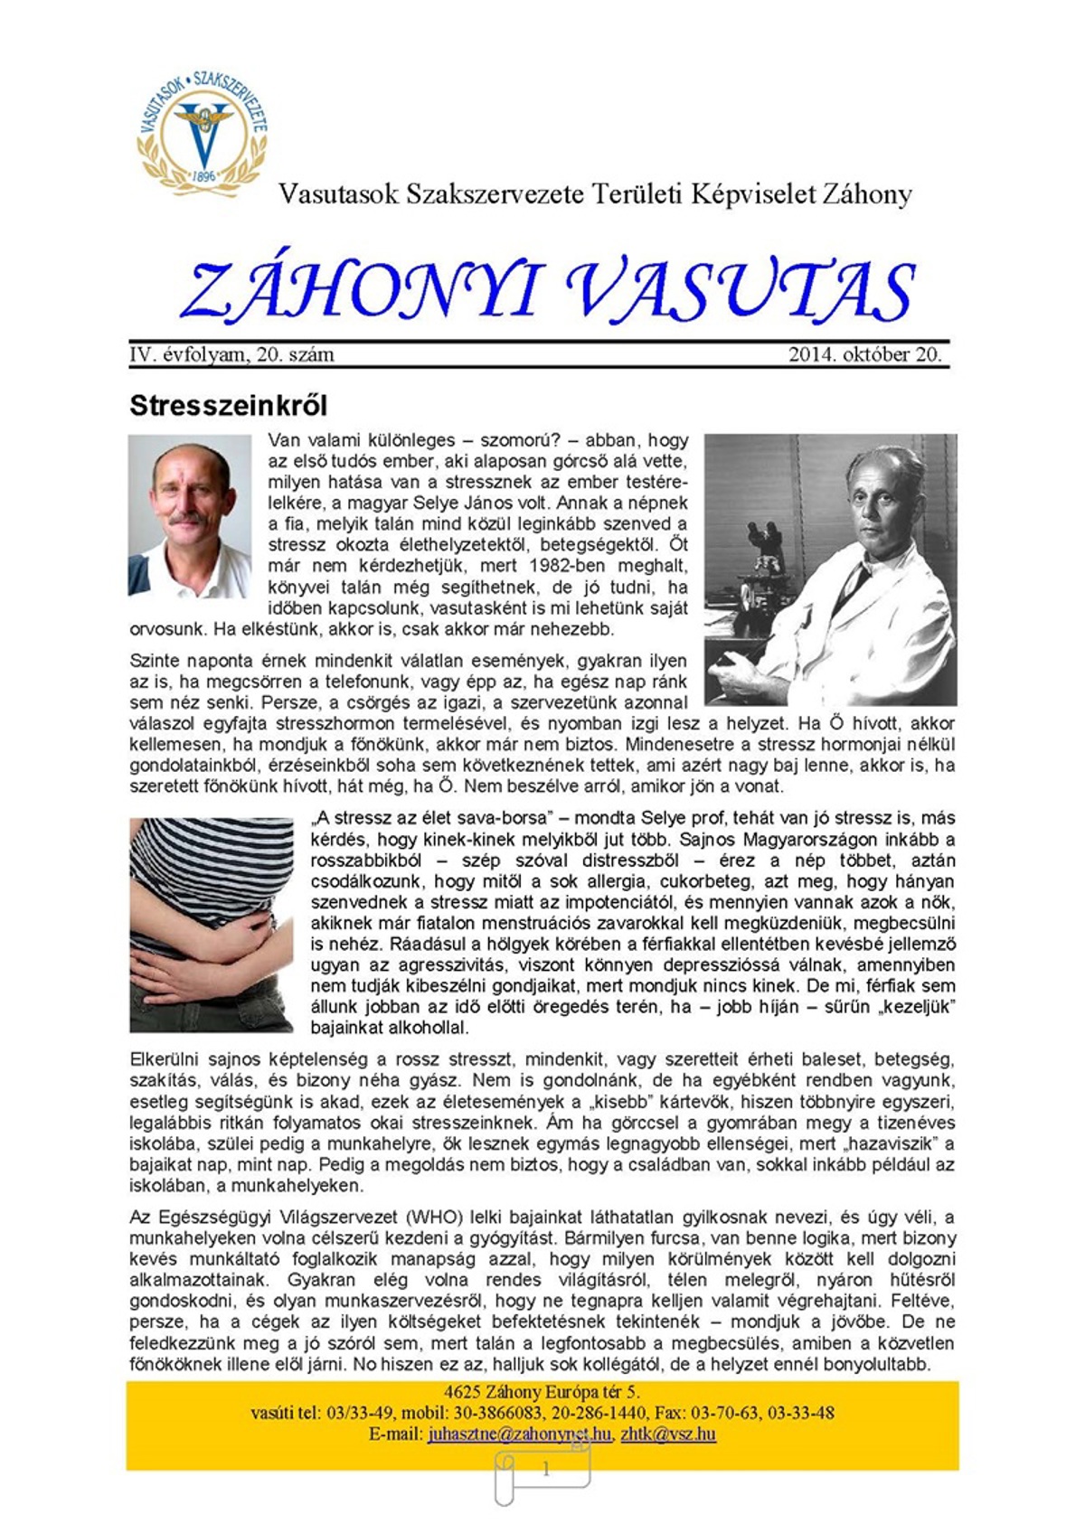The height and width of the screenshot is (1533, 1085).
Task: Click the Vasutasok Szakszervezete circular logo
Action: tap(203, 132)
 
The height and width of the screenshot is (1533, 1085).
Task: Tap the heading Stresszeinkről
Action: tap(228, 405)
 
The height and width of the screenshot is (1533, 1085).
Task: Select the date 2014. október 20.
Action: tap(864, 355)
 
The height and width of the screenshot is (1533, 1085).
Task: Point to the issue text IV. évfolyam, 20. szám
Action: tap(231, 355)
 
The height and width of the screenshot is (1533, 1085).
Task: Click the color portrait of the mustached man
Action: tap(190, 516)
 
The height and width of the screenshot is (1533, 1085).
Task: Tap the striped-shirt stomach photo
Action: tap(211, 925)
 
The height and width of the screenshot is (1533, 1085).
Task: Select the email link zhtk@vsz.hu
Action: tap(668, 1434)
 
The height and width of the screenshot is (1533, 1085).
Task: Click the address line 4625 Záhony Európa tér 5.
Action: tap(542, 1392)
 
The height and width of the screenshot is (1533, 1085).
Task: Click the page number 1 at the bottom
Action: tap(545, 1470)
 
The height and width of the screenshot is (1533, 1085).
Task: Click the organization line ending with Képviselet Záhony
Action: tap(595, 194)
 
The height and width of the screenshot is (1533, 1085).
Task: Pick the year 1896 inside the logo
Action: tap(204, 176)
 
